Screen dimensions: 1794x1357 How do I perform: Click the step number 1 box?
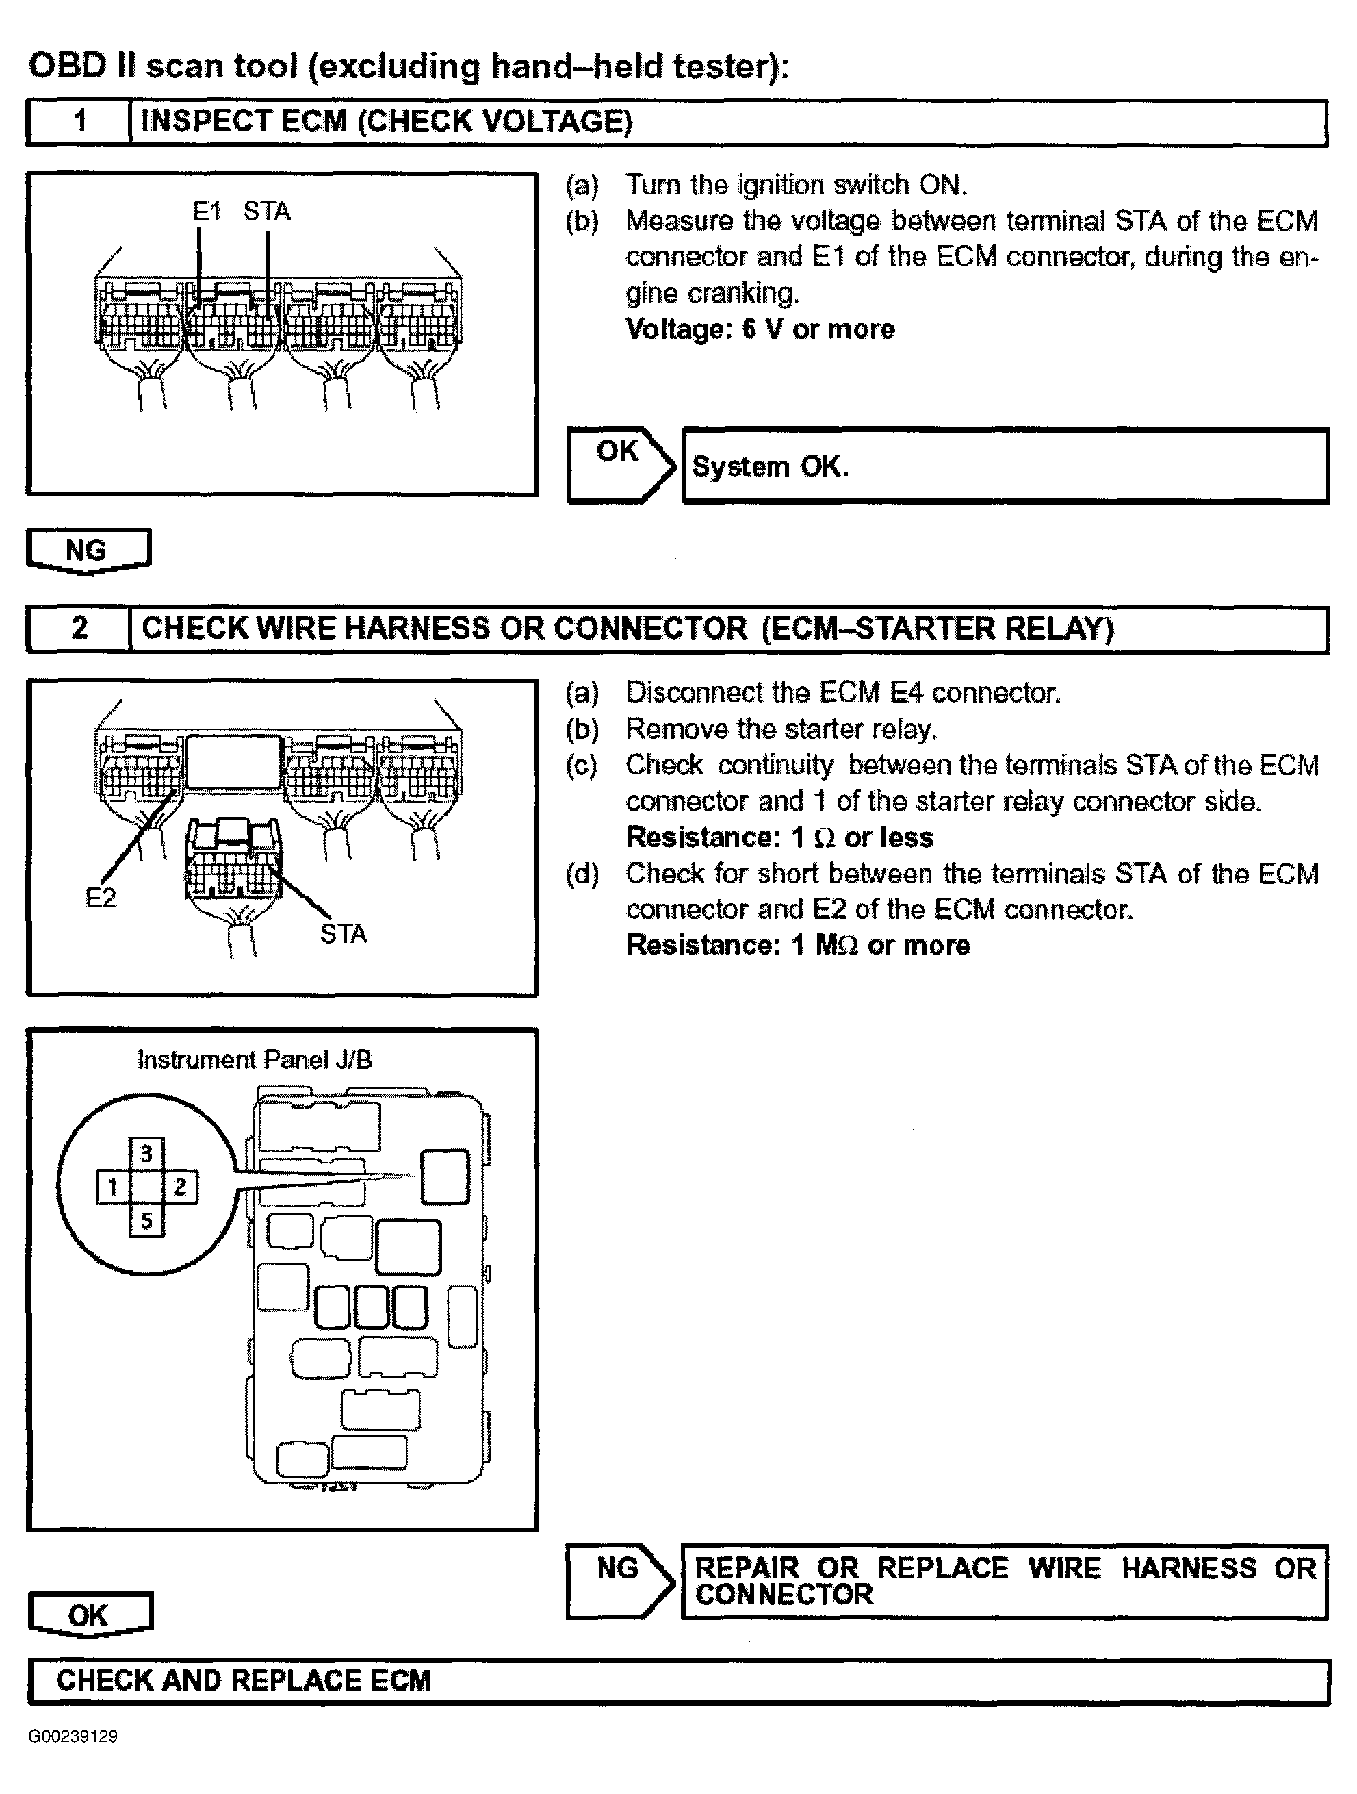[x=79, y=122]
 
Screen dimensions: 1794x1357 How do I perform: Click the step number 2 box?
[x=79, y=629]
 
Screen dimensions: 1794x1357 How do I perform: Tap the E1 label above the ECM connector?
[x=207, y=212]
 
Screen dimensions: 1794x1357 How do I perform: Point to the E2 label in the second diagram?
[x=101, y=898]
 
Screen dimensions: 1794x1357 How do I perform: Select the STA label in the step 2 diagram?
[x=344, y=934]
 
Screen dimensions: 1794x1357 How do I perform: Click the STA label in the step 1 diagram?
[x=267, y=212]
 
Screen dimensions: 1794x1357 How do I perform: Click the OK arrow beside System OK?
[x=620, y=465]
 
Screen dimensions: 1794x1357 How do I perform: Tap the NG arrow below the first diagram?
[x=88, y=551]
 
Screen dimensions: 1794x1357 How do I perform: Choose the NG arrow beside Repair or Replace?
[x=620, y=1582]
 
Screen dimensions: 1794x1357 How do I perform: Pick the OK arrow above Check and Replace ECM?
[x=89, y=1615]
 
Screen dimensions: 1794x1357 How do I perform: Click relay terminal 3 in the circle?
[x=146, y=1153]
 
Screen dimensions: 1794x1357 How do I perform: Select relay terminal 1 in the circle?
[x=113, y=1187]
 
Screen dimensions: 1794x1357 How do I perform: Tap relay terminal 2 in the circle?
[x=181, y=1187]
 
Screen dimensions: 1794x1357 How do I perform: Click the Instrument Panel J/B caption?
[x=254, y=1060]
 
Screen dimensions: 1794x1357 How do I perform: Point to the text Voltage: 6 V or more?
[x=760, y=329]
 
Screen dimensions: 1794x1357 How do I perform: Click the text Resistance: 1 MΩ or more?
[x=798, y=946]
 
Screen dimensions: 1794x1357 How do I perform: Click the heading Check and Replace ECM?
[x=243, y=1680]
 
